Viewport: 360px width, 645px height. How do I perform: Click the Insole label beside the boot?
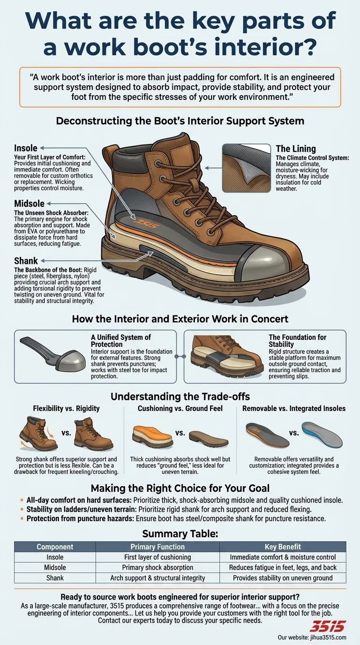point(26,149)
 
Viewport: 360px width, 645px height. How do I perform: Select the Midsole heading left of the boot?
point(29,203)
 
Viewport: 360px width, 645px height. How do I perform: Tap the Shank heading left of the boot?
point(26,261)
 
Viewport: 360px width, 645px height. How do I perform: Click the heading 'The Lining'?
point(295,149)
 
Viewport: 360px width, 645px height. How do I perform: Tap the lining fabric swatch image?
point(246,167)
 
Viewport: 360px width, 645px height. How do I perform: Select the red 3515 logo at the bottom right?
point(328,626)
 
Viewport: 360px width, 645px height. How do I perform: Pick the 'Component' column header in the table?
point(55,547)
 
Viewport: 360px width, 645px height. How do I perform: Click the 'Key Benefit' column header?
point(283,547)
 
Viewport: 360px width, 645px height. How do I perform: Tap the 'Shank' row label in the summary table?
point(55,578)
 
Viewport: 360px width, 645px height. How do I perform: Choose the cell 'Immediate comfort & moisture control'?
point(283,557)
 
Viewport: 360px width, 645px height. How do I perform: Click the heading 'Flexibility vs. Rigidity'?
point(66,408)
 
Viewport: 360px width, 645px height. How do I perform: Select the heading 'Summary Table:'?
point(180,533)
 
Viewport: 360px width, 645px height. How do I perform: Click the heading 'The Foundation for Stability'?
point(297,341)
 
